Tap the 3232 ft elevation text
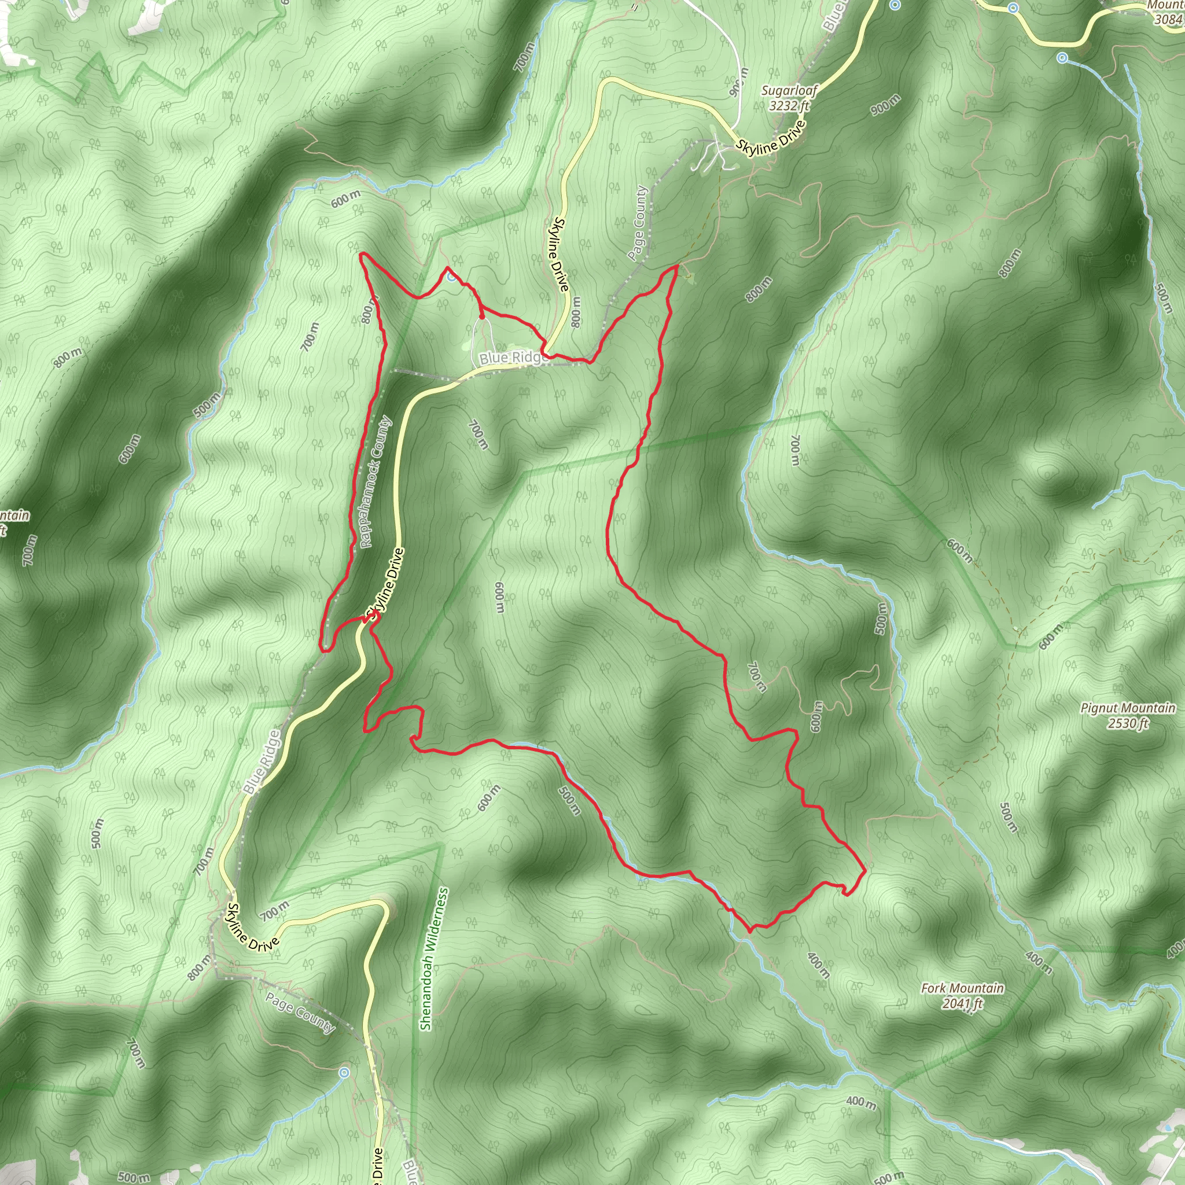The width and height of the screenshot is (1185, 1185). tap(789, 105)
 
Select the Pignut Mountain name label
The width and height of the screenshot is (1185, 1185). tap(1128, 708)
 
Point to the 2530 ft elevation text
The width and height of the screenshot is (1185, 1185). tap(1127, 723)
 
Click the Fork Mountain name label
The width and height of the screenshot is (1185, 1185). tap(962, 988)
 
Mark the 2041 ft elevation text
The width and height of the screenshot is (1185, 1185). tap(962, 1003)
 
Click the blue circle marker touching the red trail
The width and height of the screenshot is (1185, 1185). tap(451, 277)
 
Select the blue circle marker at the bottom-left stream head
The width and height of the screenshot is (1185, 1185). tap(344, 1072)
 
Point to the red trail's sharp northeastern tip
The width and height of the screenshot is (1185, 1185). tap(677, 266)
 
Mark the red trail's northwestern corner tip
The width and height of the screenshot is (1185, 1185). tap(361, 253)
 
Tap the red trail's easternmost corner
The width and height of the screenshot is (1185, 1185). tap(864, 870)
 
